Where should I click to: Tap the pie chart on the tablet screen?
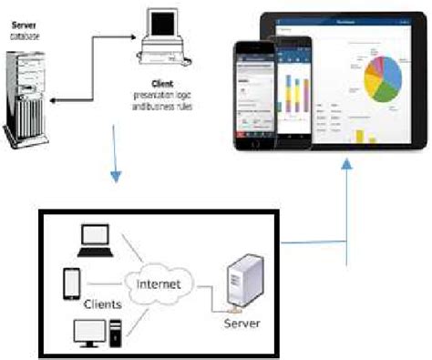pyautogui.click(x=386, y=79)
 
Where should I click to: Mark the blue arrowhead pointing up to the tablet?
pyautogui.click(x=347, y=161)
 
